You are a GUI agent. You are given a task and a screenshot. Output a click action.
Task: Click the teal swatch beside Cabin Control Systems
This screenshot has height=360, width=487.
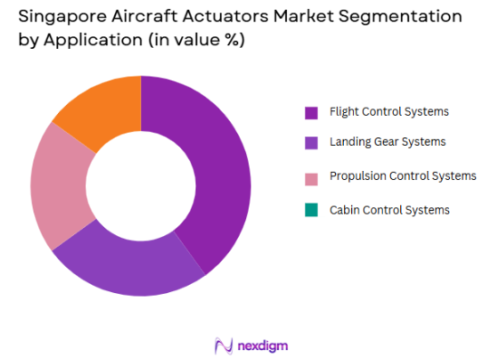(x=310, y=210)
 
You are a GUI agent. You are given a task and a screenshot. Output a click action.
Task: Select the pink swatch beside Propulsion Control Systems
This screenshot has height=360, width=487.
(x=310, y=176)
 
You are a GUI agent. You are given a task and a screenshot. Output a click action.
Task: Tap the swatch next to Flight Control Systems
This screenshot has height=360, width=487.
(x=310, y=113)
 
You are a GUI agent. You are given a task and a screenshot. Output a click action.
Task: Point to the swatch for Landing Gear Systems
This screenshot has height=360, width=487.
(x=310, y=143)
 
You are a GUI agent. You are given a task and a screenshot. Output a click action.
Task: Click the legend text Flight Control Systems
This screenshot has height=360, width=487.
(x=389, y=112)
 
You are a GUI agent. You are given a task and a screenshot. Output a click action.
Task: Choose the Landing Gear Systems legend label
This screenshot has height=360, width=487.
(x=387, y=142)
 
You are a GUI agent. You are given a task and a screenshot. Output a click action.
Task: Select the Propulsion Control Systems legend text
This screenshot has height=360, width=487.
(x=403, y=175)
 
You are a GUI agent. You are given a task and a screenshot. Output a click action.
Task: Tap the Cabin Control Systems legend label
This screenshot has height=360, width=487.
(x=389, y=210)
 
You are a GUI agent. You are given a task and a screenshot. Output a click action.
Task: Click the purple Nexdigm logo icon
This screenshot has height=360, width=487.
(x=223, y=346)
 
